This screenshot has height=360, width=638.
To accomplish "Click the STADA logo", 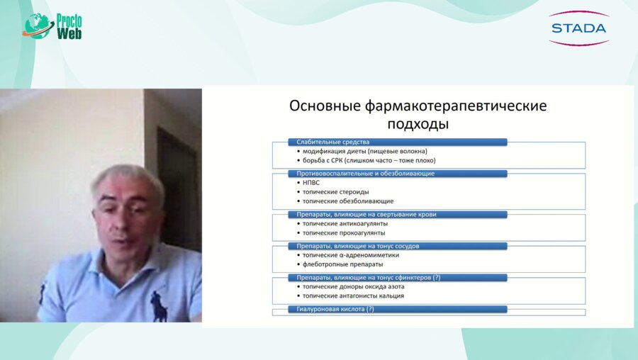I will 578,28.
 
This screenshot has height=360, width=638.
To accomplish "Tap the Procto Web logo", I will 53,26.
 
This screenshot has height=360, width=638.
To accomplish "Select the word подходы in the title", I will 418,124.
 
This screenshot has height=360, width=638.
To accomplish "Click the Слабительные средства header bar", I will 397,142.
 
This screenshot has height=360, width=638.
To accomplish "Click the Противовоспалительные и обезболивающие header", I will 397,173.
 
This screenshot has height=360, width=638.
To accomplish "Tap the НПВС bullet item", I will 313,182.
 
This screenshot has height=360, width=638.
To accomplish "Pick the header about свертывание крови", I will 397,214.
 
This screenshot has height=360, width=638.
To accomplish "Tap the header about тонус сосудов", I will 397,246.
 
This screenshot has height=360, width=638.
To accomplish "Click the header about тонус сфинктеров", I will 397,277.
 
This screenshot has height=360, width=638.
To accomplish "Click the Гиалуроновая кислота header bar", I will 397,309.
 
